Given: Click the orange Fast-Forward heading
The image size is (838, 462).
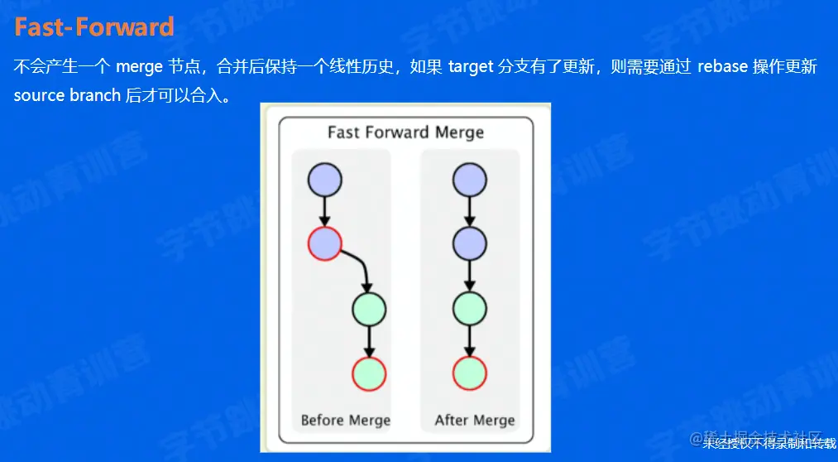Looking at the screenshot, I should click(94, 27).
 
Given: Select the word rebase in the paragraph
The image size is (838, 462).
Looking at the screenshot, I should click(722, 67).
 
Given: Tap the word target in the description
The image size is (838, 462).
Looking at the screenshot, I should click(472, 67).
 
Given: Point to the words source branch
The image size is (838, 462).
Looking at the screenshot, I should click(67, 95).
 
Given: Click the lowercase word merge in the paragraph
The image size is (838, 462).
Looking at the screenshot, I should click(140, 67).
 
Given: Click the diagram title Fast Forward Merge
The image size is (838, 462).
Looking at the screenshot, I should click(405, 132).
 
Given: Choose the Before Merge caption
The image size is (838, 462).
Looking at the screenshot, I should click(345, 420).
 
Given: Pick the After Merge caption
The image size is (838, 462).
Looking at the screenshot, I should click(475, 420).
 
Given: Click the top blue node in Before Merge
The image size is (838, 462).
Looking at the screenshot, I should click(324, 180).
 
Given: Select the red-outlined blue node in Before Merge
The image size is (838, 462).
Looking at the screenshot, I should click(324, 243).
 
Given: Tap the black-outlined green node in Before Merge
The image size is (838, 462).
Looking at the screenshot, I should click(369, 309).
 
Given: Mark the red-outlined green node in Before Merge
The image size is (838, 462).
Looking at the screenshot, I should click(369, 374).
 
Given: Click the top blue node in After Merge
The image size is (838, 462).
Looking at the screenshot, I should click(469, 180).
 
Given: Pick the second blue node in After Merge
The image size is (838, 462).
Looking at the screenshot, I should click(469, 243).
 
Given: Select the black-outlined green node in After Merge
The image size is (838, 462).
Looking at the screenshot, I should click(469, 309).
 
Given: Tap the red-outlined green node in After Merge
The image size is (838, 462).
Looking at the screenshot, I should click(469, 374).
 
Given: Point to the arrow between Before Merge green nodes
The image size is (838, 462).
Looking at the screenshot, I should click(369, 341).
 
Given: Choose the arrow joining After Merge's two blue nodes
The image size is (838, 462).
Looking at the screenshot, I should click(469, 211).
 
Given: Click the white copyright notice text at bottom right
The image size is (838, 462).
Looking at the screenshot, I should click(769, 444).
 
